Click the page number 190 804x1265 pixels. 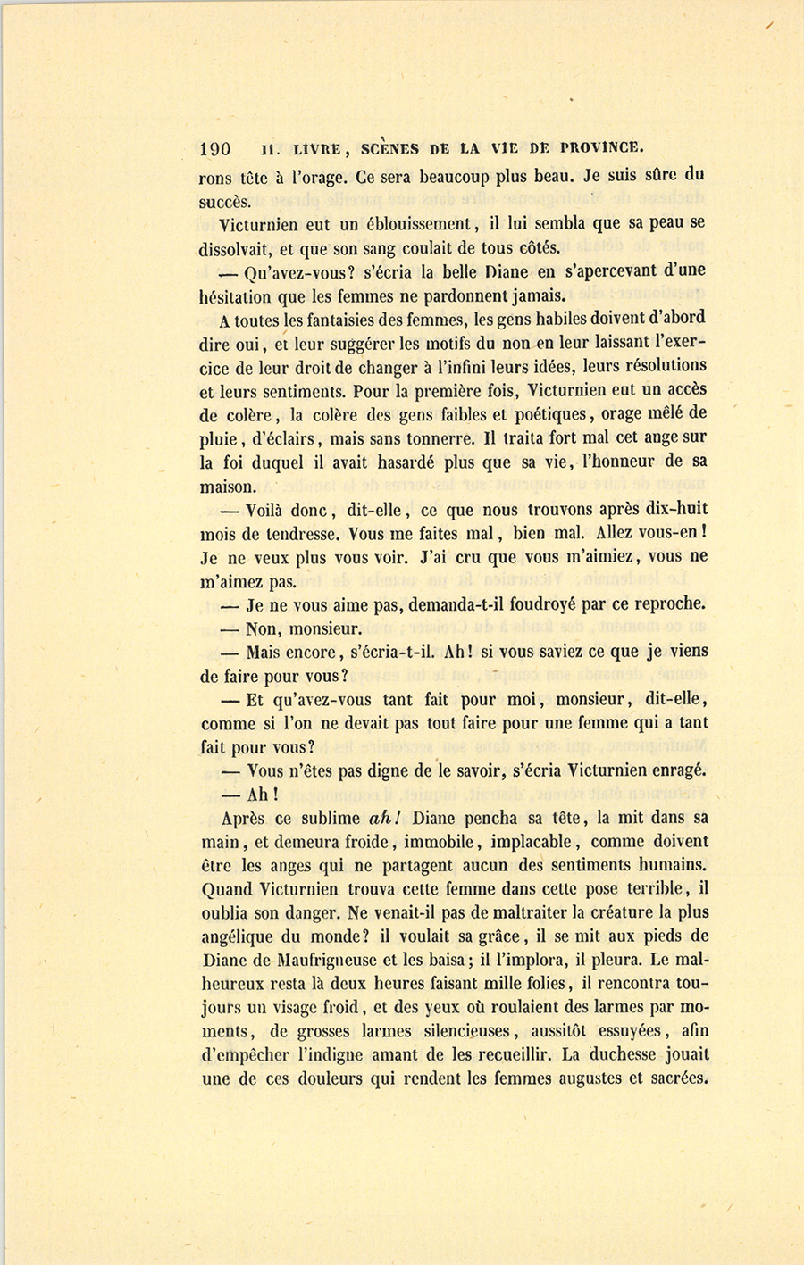216,149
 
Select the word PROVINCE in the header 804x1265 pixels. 603,149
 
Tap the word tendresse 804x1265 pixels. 292,535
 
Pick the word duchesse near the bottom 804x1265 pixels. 632,1054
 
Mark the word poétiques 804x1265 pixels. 542,414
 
